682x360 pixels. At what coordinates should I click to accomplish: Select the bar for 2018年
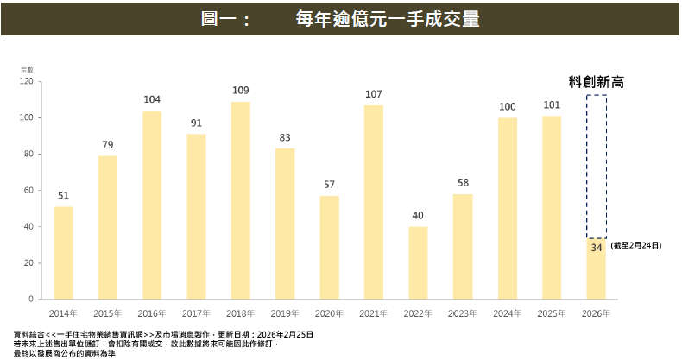tap(241, 200)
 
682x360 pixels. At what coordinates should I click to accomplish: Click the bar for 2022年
tap(418, 262)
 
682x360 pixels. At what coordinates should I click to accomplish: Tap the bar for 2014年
tap(64, 252)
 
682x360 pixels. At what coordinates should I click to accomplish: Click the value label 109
tap(241, 91)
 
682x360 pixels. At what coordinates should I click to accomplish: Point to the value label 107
tap(374, 94)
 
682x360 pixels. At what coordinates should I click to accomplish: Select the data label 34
tap(596, 248)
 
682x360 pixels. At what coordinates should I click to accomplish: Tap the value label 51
tap(64, 196)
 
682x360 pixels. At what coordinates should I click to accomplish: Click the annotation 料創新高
tap(596, 82)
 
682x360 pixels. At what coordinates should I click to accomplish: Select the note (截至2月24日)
tap(635, 246)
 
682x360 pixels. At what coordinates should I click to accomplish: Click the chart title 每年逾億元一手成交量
tap(387, 18)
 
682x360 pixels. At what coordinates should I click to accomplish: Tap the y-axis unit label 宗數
tap(26, 68)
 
